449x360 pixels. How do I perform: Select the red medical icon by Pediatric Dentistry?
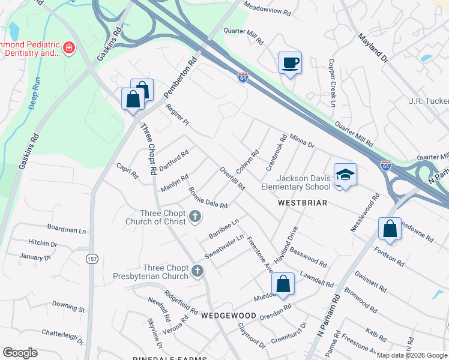click(x=69, y=47)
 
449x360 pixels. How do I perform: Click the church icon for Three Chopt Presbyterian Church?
click(x=196, y=272)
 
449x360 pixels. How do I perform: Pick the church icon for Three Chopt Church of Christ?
click(x=195, y=217)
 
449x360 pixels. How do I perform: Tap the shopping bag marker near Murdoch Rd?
click(x=283, y=284)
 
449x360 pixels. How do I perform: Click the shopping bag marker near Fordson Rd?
click(x=390, y=229)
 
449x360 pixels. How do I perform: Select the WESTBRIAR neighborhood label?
click(x=303, y=203)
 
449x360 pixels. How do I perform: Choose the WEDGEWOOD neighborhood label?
click(x=229, y=315)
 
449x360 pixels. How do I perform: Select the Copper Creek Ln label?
click(x=331, y=83)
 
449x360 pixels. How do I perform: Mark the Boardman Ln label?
click(x=67, y=230)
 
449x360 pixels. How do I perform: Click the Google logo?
click(x=20, y=353)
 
